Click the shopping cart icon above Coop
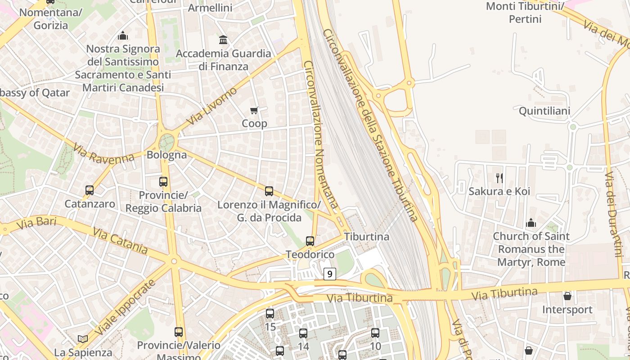tap(254, 110)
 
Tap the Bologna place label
tap(166, 155)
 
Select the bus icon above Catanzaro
tap(90, 190)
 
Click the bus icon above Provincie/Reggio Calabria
tap(163, 182)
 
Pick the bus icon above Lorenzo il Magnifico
tap(269, 191)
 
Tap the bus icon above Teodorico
tap(310, 241)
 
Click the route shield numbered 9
tap(330, 274)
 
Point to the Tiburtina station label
tap(367, 236)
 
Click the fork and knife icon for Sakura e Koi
tap(499, 178)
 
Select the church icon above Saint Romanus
tap(531, 223)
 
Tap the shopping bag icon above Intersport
tap(567, 296)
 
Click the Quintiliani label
tap(544, 111)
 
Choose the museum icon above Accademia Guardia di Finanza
tap(223, 40)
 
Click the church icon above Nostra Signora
tap(122, 36)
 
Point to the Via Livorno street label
tap(211, 106)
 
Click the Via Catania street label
tap(120, 240)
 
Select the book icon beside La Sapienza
tap(82, 339)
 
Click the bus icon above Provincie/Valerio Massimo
tap(179, 332)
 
